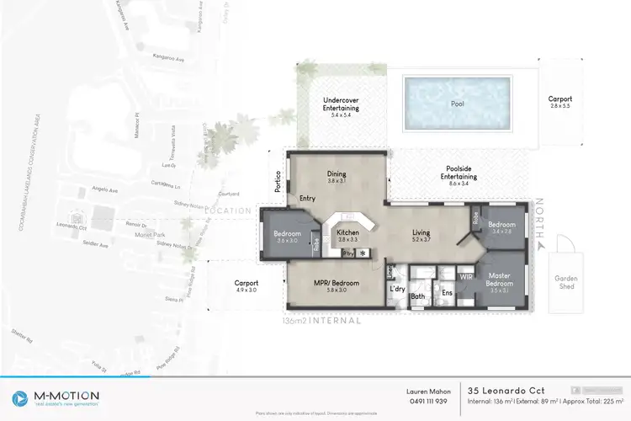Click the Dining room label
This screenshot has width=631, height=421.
click(x=337, y=175)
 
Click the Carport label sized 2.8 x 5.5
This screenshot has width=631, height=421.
click(x=559, y=99)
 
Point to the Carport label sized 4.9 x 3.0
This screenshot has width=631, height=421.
click(x=247, y=284)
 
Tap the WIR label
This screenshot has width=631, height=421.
click(x=465, y=274)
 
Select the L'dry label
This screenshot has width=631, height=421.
click(x=398, y=290)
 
